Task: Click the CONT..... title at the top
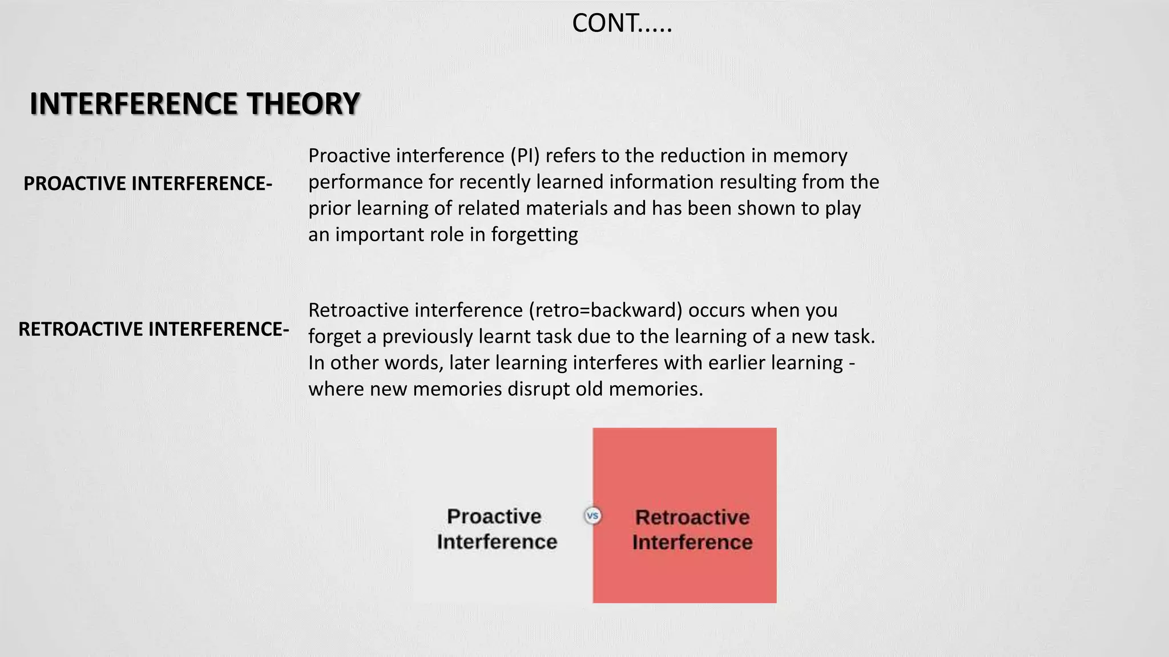[x=622, y=24]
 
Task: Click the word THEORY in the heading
[x=303, y=104]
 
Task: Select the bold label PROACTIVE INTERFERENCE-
[x=148, y=184]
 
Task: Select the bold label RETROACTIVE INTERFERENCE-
[x=154, y=329]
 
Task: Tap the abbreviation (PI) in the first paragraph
[x=525, y=156]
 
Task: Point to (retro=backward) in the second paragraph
[x=606, y=310]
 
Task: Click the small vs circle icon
[x=593, y=516]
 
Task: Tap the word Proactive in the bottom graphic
[x=494, y=516]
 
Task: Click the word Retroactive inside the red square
[x=692, y=517]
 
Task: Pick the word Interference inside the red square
[x=692, y=542]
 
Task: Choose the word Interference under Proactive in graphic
[x=497, y=542]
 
